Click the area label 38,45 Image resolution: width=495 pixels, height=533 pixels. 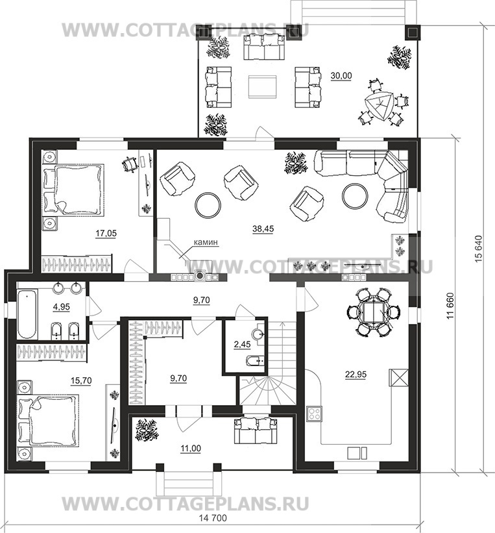pyautogui.click(x=263, y=229)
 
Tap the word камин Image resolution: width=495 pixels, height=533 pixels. pyautogui.click(x=206, y=242)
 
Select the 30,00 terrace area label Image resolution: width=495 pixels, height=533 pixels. pyautogui.click(x=341, y=76)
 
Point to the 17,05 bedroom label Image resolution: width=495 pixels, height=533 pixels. pyautogui.click(x=106, y=233)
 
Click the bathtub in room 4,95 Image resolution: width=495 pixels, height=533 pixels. pyautogui.click(x=27, y=314)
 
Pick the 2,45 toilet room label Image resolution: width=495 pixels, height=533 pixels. pyautogui.click(x=242, y=344)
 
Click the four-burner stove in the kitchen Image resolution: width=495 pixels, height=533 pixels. pyautogui.click(x=314, y=414)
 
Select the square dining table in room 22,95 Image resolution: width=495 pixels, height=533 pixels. pyautogui.click(x=373, y=312)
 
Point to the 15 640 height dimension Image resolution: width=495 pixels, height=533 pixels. pyautogui.click(x=478, y=249)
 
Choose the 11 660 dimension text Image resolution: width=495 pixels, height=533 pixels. pyautogui.click(x=450, y=306)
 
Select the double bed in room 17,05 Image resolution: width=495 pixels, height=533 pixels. pyautogui.click(x=73, y=190)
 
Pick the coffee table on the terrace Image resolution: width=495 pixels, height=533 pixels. pyautogui.click(x=262, y=87)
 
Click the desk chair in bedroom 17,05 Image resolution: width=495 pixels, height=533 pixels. pyautogui.click(x=130, y=164)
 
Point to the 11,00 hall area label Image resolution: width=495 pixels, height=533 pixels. pyautogui.click(x=191, y=449)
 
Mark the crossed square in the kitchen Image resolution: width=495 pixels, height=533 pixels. pyautogui.click(x=398, y=377)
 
